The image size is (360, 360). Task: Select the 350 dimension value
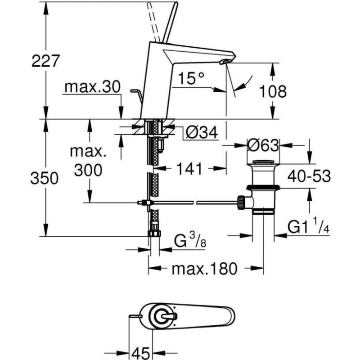[45, 178]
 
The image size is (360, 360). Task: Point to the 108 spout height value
[273, 91]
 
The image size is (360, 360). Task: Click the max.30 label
[92, 87]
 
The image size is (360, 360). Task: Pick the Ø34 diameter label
[201, 132]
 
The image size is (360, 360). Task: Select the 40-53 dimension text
[309, 176]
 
